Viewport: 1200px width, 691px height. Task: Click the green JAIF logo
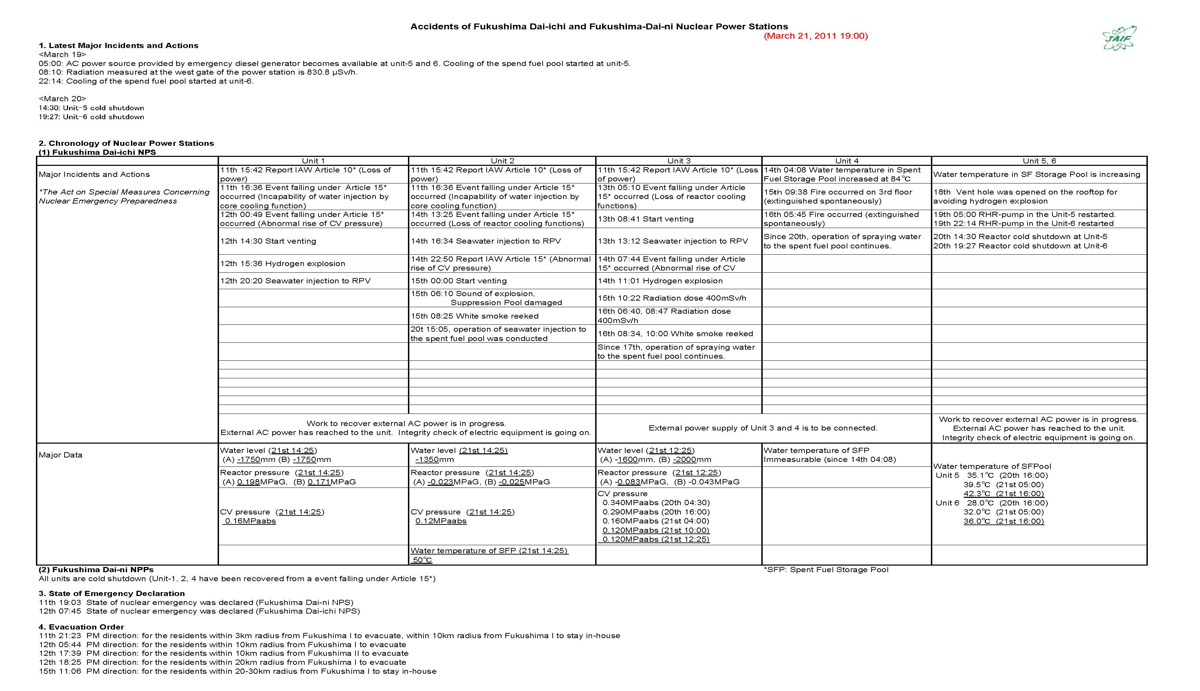(1119, 38)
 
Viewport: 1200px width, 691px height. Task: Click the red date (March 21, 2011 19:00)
(815, 36)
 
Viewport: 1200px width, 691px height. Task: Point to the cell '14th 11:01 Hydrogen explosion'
(659, 281)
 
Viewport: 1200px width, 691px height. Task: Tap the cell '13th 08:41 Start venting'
(645, 219)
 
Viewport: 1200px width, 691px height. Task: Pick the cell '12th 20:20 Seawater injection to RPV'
(295, 281)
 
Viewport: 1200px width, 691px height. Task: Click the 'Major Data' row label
(60, 455)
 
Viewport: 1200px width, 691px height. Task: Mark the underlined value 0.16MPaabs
(250, 521)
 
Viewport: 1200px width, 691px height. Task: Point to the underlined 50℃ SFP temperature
(422, 560)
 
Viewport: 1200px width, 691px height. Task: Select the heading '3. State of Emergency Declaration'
(112, 594)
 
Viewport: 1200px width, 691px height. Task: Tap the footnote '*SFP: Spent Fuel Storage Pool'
(826, 569)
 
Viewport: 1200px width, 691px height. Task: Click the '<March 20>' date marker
(62, 99)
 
